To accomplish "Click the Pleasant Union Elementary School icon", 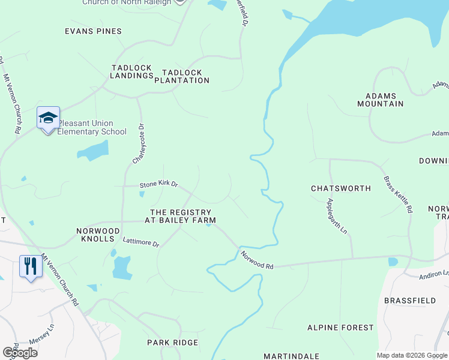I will pos(48,118).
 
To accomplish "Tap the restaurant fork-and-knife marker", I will pos(31,266).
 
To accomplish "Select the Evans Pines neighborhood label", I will pos(93,31).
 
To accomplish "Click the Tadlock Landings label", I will pos(132,72).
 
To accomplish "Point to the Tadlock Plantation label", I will pos(182,76).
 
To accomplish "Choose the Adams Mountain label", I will pos(385,100).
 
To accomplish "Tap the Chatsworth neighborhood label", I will pos(341,188).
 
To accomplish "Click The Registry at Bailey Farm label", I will pos(180,217).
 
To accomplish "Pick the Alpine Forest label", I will pos(340,328).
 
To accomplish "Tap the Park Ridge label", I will pos(172,343).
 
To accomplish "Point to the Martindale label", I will pos(291,356).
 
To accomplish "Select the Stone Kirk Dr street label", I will pos(158,185).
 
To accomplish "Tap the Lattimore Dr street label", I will pos(140,243).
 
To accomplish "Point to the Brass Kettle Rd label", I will pos(398,187).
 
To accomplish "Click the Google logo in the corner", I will pos(20,353).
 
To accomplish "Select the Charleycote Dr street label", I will pos(139,144).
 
